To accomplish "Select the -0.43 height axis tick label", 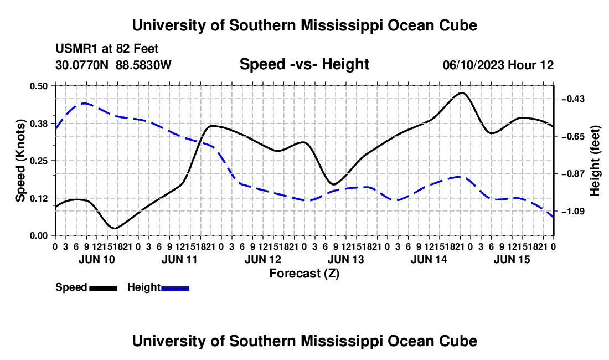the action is [573, 99].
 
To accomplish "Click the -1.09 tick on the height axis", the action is [573, 211].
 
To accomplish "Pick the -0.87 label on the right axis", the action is [573, 173].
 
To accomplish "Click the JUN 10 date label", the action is [97, 259].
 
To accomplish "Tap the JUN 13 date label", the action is [345, 259].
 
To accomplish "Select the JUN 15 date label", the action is [512, 259].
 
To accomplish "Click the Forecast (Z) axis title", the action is [304, 274].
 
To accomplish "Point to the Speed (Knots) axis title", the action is [20, 161].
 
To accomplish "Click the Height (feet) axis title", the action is [595, 161].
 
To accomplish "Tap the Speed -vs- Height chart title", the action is [304, 64].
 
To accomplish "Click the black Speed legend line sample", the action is [104, 289].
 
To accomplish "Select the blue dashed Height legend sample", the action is [175, 289].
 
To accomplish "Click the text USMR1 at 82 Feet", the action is [107, 49].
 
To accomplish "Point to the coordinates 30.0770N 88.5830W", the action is [113, 65].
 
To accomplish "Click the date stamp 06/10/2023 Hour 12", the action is [498, 65].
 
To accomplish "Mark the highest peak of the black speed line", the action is [462, 93].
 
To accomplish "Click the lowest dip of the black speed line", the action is [115, 228].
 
